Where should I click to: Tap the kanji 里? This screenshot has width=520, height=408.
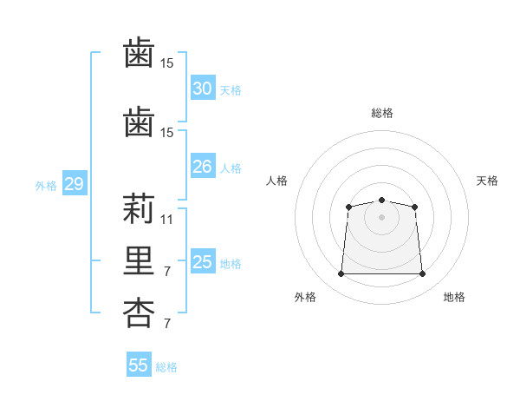(138, 262)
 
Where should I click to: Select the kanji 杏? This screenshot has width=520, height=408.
(138, 314)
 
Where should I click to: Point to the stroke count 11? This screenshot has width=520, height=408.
(167, 220)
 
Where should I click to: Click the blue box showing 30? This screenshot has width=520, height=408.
(202, 89)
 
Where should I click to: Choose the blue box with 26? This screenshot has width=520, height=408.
(202, 167)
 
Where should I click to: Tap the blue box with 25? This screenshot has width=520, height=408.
(202, 262)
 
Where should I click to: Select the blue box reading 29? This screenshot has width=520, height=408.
(74, 184)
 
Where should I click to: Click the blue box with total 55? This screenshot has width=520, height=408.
(139, 365)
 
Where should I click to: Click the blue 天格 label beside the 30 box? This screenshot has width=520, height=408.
(231, 90)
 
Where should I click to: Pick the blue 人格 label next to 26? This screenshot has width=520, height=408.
(231, 168)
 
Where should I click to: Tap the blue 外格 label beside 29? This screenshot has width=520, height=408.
(46, 186)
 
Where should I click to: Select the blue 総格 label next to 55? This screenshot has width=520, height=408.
(166, 367)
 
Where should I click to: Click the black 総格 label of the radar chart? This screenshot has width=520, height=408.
(381, 113)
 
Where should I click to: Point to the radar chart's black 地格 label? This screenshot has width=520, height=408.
(454, 297)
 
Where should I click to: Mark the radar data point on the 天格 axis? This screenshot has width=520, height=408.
(414, 207)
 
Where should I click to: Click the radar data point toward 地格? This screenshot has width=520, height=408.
(422, 274)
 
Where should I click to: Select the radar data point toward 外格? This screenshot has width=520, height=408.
(341, 274)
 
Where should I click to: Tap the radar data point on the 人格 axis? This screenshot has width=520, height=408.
(348, 207)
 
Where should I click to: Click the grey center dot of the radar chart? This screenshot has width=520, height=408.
(381, 217)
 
